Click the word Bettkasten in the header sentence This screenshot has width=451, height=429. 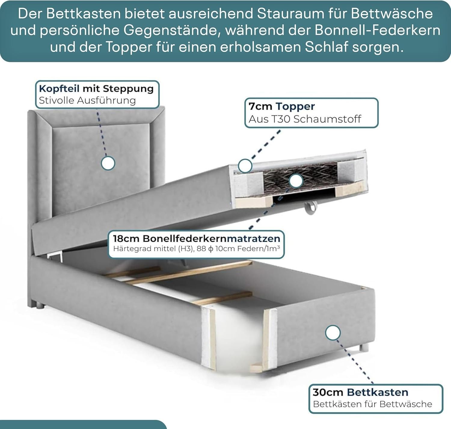click(84, 14)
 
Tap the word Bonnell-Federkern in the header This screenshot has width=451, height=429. click(377, 30)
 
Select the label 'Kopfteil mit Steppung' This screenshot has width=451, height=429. click(96, 89)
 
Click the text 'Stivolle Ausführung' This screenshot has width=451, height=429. click(87, 100)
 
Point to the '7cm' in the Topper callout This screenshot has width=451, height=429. click(260, 106)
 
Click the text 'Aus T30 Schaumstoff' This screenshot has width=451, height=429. click(305, 119)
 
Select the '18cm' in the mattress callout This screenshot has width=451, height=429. click(126, 239)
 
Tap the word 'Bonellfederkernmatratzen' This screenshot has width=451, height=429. click(211, 239)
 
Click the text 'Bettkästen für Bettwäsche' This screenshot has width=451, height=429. click(372, 404)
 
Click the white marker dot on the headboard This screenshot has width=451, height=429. click(108, 163)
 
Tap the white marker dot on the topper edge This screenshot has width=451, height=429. click(245, 166)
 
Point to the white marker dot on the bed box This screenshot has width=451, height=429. click(333, 332)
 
